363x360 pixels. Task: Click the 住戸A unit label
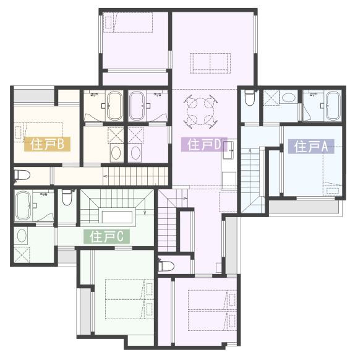(311, 147)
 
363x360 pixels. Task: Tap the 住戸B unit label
(47, 144)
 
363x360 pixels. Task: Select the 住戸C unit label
(106, 236)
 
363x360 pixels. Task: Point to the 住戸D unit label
(204, 145)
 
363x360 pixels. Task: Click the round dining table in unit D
(201, 111)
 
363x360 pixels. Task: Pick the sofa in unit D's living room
(210, 63)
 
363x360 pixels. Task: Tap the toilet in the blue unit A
(250, 98)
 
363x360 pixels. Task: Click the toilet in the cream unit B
(22, 175)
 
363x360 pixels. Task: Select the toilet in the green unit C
(67, 198)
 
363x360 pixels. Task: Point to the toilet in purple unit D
(166, 266)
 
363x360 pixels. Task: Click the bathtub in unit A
(333, 106)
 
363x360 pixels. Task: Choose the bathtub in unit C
(23, 205)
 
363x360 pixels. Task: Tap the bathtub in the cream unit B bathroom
(115, 106)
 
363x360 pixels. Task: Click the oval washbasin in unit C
(22, 236)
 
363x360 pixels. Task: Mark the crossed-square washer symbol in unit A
(271, 98)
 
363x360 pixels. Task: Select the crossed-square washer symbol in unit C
(22, 254)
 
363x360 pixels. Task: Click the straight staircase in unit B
(135, 176)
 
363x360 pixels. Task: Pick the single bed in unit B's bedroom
(38, 132)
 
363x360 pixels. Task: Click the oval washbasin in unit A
(288, 98)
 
